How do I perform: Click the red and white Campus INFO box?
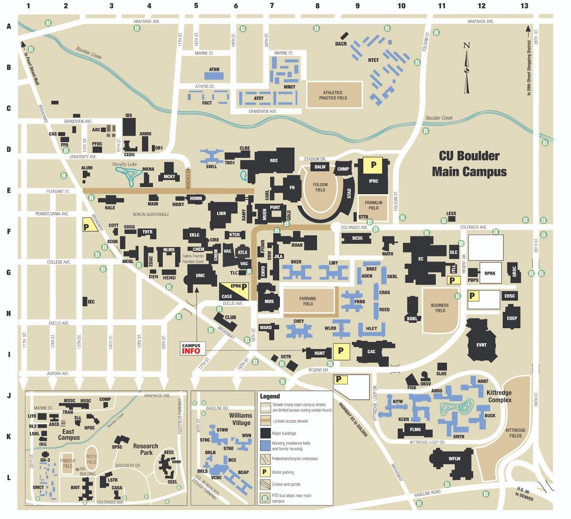pyautogui.click(x=191, y=348)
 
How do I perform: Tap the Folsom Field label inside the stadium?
pyautogui.click(x=320, y=187)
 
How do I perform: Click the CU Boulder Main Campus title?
pyautogui.click(x=469, y=164)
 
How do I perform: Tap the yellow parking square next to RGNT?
pyautogui.click(x=341, y=351)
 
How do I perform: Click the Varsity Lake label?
pyautogui.click(x=125, y=164)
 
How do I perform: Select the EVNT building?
pyautogui.click(x=481, y=345)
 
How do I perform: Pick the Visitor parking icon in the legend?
pyautogui.click(x=264, y=472)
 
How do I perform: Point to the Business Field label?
pyautogui.click(x=440, y=308)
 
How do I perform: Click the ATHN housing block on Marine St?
pyautogui.click(x=214, y=75)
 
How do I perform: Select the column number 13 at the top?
pyautogui.click(x=524, y=6)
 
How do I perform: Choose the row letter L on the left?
pyautogui.click(x=9, y=478)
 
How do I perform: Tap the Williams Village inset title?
pyautogui.click(x=241, y=419)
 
